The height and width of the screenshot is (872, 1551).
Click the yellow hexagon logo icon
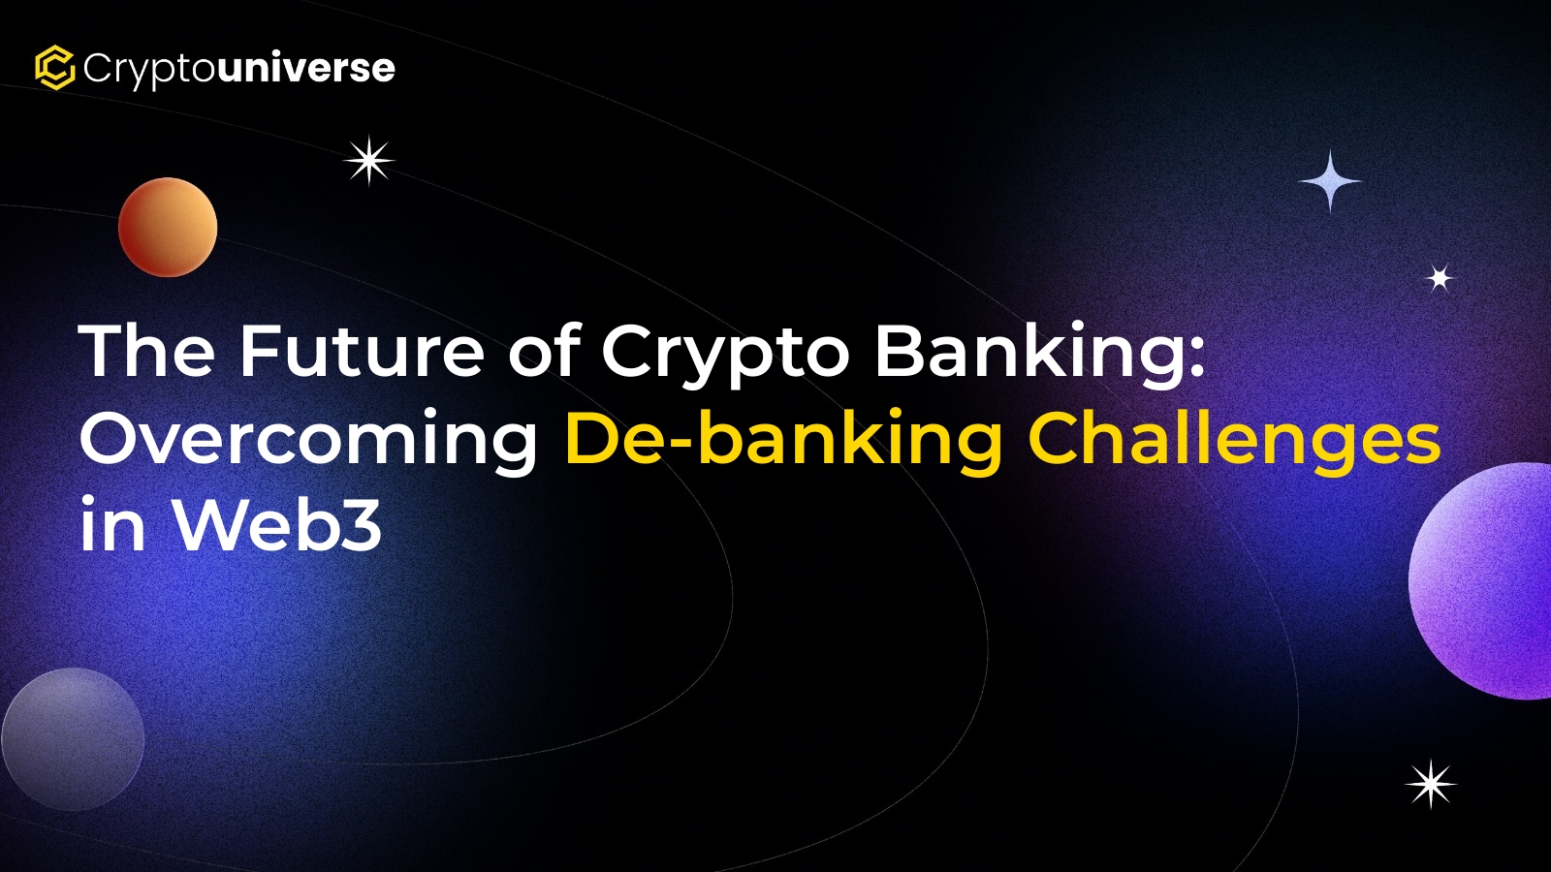pos(54,68)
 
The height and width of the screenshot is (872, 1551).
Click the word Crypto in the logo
pos(148,70)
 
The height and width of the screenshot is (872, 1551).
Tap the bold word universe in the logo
pos(305,68)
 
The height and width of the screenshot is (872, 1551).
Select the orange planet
pos(168,227)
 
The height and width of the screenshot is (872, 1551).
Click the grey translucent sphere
pos(73,739)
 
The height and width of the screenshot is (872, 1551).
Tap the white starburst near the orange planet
pos(369,161)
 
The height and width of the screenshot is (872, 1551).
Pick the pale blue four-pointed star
pos(1329,181)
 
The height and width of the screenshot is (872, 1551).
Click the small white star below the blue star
pos(1440,278)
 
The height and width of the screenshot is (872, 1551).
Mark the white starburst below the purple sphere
pos(1431,784)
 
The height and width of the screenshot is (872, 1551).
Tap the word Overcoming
pos(309,441)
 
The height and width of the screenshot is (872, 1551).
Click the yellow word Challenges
pos(1235,440)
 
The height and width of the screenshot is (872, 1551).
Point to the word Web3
pos(277,522)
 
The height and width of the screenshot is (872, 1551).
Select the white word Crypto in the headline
pos(725,356)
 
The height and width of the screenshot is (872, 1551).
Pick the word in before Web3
pos(112,522)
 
